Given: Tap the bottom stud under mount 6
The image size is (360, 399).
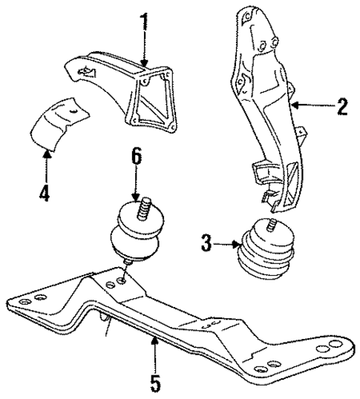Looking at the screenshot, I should pyautogui.click(x=128, y=262).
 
